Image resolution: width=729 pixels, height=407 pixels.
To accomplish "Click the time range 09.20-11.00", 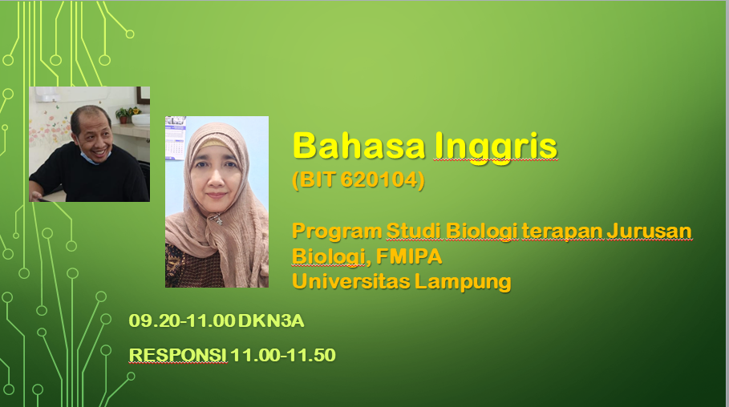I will [182, 322].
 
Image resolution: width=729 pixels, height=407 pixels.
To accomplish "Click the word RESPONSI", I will [178, 354].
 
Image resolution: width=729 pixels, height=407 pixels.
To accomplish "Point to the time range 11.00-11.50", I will [283, 354].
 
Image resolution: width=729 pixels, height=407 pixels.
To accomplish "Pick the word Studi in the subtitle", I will [407, 232].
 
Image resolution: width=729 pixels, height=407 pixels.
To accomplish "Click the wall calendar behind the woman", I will [176, 136].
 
